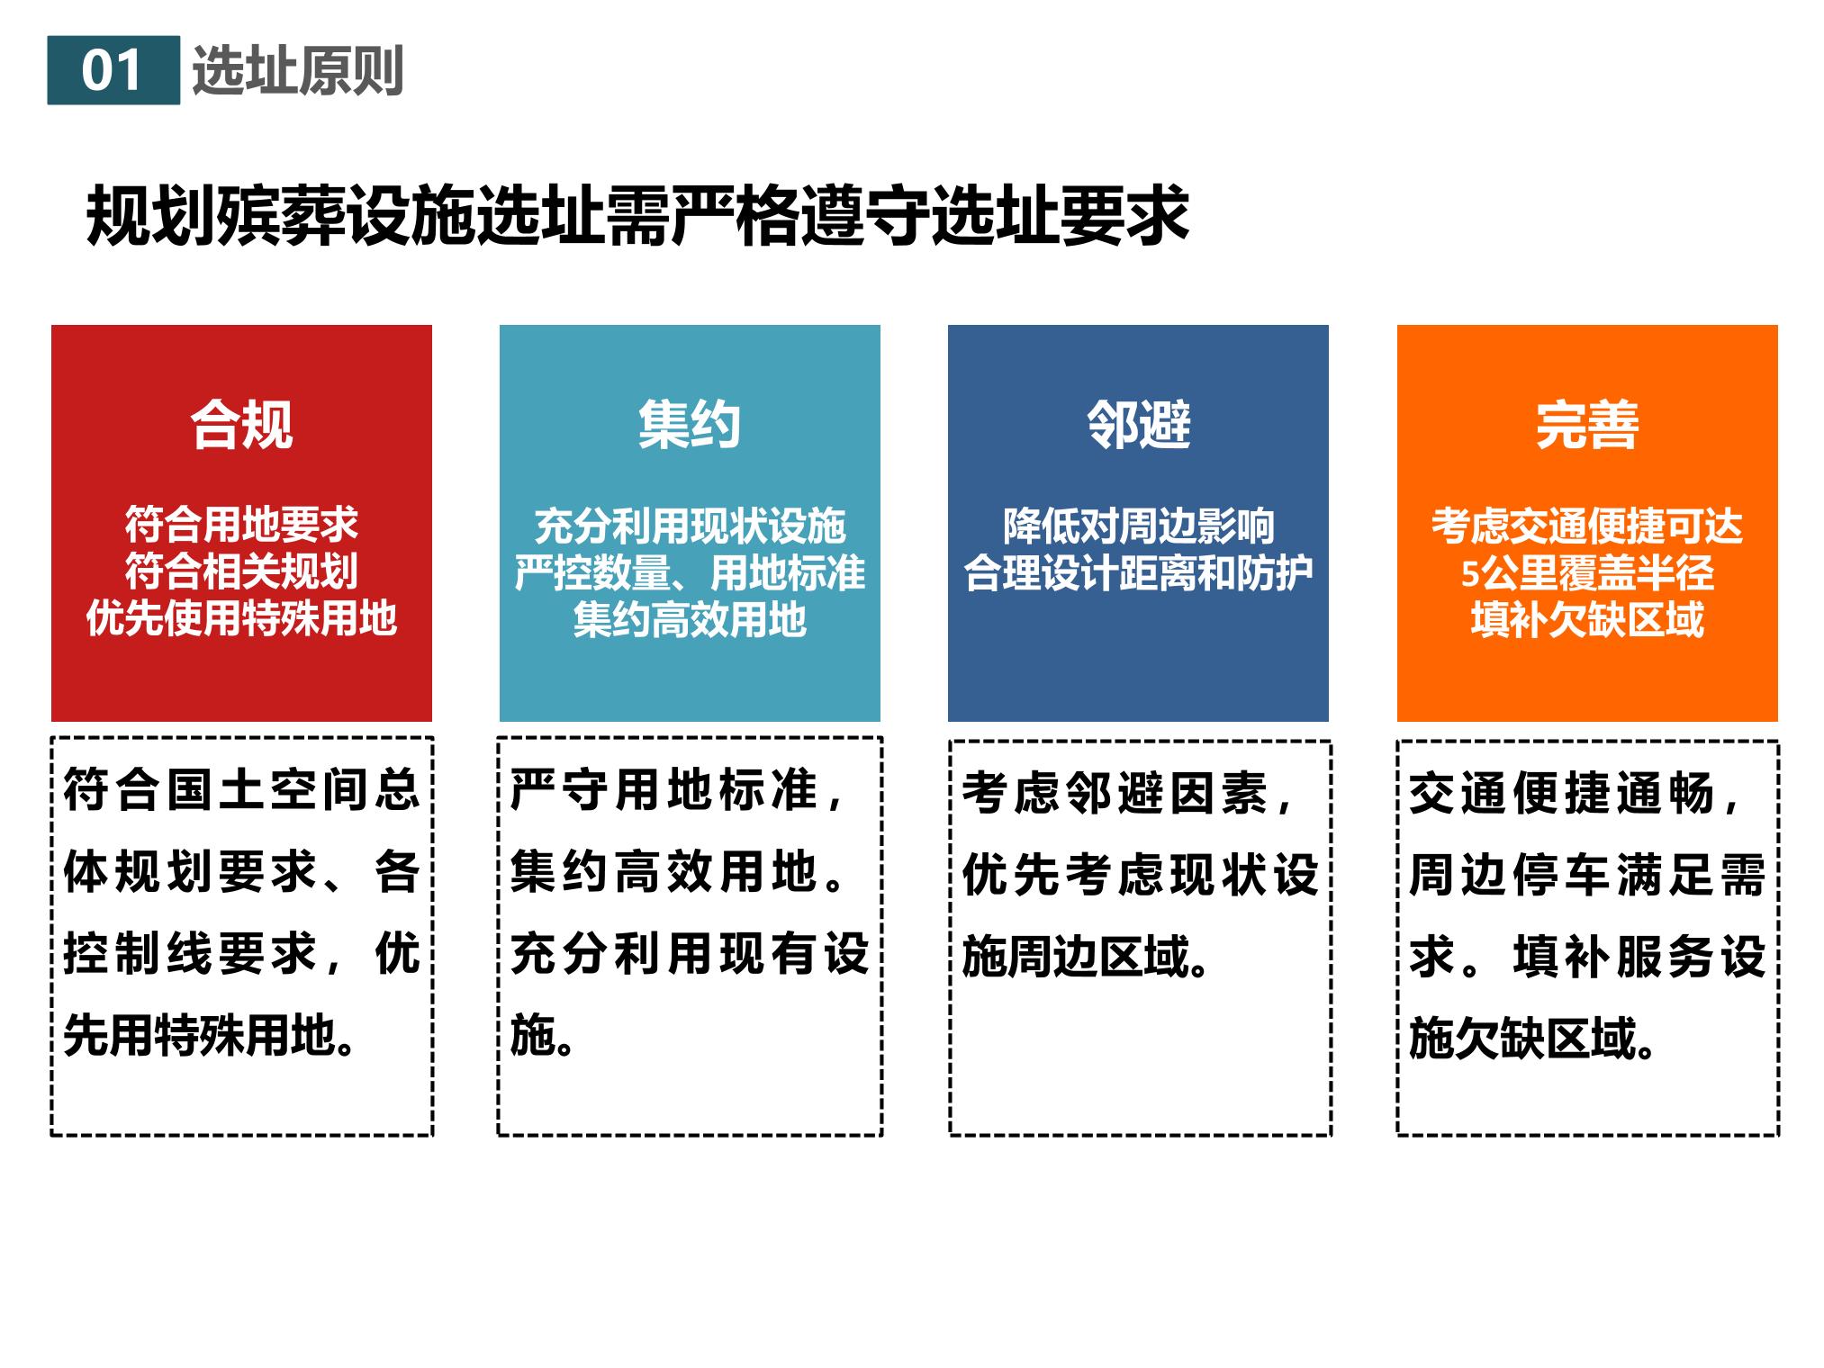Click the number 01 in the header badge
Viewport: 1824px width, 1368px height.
pos(112,71)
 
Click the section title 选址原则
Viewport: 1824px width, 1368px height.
pos(297,70)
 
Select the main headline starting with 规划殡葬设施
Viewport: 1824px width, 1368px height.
pos(637,216)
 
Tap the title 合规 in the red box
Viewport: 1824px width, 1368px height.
pos(241,424)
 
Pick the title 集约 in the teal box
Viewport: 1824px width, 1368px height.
pos(690,424)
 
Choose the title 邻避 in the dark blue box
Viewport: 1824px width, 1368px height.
pos(1138,424)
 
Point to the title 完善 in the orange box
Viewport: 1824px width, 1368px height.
pos(1587,424)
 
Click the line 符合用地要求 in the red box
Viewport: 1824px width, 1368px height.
pos(241,524)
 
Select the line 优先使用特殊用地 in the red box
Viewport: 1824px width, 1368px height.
pos(241,618)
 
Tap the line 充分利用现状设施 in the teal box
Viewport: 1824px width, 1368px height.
pos(690,526)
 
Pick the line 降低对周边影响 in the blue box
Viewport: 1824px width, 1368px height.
pos(1138,526)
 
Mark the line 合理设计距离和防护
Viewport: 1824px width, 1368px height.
pos(1138,572)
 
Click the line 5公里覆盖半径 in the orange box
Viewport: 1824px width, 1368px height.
pos(1587,572)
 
